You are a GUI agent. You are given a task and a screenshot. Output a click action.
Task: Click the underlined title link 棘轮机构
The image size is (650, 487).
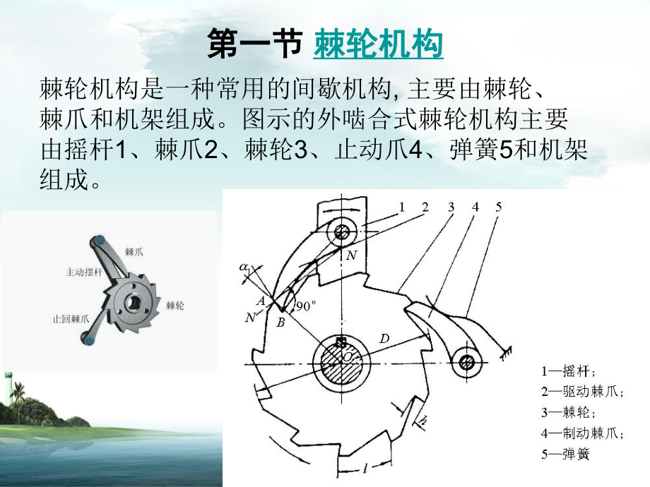(378, 44)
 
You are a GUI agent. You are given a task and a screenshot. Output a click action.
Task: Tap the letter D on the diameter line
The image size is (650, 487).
(384, 339)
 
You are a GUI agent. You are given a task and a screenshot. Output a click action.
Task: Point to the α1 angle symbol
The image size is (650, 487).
(245, 268)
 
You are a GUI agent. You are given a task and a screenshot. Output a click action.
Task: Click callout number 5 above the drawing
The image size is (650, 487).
(498, 207)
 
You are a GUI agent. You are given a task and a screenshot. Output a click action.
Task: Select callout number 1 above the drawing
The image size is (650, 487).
(401, 207)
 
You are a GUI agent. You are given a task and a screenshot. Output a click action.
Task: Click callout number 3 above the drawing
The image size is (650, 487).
(450, 207)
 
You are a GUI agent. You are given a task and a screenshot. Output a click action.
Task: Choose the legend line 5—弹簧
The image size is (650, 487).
(565, 454)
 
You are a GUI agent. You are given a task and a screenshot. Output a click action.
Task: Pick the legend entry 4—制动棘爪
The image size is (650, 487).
(584, 433)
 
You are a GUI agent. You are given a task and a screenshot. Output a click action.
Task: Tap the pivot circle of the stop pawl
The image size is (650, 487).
(466, 363)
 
